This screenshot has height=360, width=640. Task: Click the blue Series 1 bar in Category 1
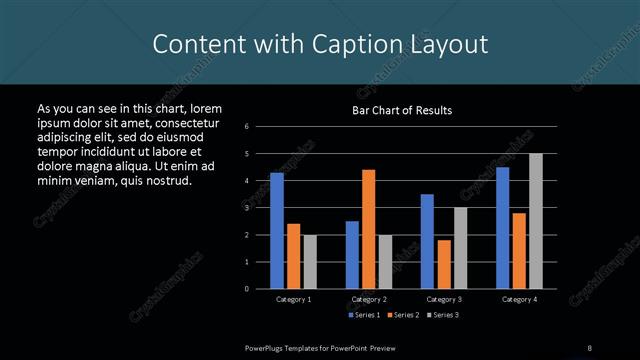click(277, 230)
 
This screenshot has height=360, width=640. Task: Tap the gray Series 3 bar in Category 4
click(536, 221)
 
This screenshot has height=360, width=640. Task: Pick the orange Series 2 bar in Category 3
click(444, 264)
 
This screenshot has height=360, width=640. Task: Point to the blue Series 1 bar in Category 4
click(503, 227)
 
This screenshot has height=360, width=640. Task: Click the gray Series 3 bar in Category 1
click(310, 261)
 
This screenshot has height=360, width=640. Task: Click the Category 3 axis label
click(444, 299)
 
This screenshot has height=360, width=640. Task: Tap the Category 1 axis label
click(293, 299)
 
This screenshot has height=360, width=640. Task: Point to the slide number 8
click(591, 346)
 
